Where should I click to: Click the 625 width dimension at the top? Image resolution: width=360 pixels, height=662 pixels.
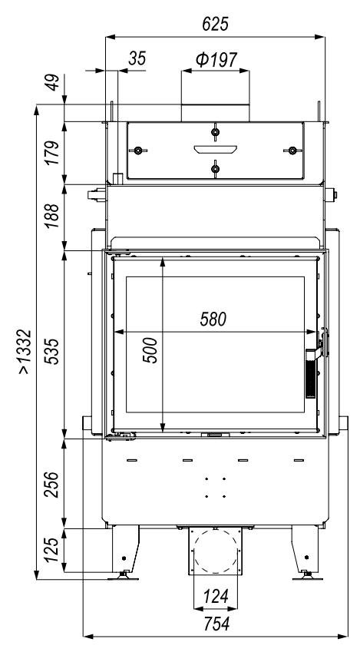pos(215,24)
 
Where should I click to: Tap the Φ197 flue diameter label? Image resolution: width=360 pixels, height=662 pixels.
pos(216,60)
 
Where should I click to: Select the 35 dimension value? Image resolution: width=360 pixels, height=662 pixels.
pos(137,58)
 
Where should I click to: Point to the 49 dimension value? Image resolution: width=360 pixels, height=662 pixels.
pos(53,82)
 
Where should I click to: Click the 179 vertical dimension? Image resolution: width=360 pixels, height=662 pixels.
pos(53,153)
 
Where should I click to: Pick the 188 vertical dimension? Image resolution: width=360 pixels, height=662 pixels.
pos(53,216)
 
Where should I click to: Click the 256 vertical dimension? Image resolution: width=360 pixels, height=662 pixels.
pos(53,485)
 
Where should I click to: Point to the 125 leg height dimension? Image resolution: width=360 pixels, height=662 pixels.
pos(53,550)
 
